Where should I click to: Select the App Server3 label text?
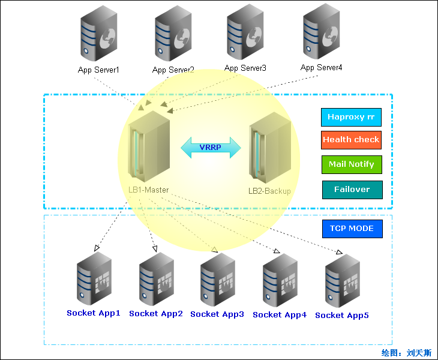pyautogui.click(x=245, y=68)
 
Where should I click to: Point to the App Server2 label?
pyautogui.click(x=173, y=70)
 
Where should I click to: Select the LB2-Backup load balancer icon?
pyautogui.click(x=270, y=150)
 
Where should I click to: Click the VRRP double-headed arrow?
pyautogui.click(x=211, y=147)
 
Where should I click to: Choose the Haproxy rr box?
pyautogui.click(x=351, y=117)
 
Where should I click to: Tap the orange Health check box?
pyautogui.click(x=351, y=140)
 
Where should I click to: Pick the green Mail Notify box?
pyautogui.click(x=351, y=164)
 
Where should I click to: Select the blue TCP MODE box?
pyautogui.click(x=352, y=229)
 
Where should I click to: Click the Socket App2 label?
pyautogui.click(x=156, y=313)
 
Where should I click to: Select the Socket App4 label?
pyautogui.click(x=280, y=314)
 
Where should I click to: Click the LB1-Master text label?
pyautogui.click(x=148, y=190)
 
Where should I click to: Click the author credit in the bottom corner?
pyautogui.click(x=406, y=353)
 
